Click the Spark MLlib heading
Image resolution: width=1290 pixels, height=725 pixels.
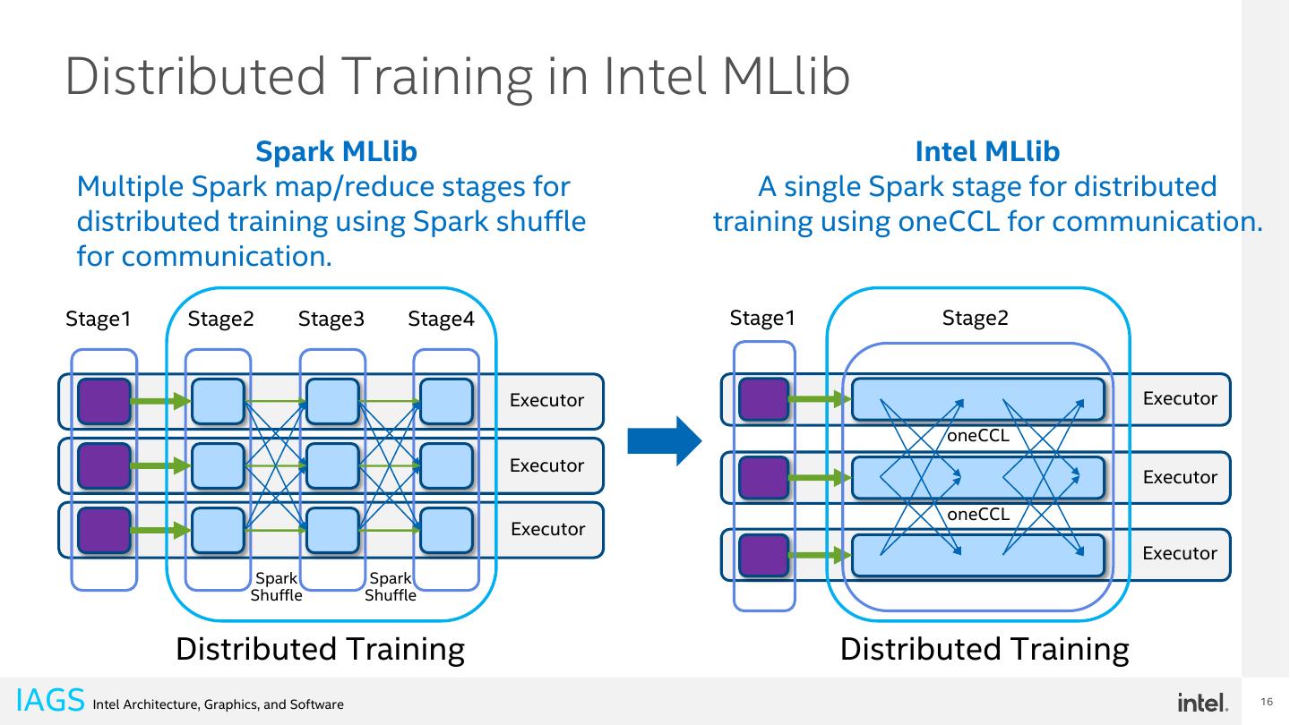click(x=336, y=151)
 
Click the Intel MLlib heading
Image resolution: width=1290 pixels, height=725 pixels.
click(x=987, y=151)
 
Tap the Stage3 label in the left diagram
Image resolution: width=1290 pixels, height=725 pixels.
click(x=331, y=319)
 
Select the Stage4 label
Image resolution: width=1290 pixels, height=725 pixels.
click(x=441, y=319)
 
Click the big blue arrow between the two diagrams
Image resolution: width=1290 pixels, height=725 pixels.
click(x=665, y=440)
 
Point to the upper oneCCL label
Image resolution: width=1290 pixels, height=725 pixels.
click(x=978, y=436)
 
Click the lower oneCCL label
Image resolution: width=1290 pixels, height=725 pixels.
click(x=978, y=514)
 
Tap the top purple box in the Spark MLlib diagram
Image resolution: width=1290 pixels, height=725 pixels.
click(x=104, y=401)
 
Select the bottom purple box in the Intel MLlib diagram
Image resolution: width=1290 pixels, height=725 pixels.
click(x=763, y=555)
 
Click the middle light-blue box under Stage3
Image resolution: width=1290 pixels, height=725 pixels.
click(x=333, y=465)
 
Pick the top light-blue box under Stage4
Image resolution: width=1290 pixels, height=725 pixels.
click(x=446, y=401)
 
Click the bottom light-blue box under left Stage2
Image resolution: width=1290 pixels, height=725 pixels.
click(x=219, y=530)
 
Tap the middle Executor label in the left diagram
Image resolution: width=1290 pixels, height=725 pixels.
click(x=546, y=465)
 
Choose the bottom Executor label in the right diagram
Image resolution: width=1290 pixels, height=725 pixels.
click(x=1180, y=553)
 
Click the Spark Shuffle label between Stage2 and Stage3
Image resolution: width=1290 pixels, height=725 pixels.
click(x=277, y=586)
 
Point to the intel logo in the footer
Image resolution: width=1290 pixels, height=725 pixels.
click(x=1203, y=703)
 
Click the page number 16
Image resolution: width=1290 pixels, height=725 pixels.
click(x=1267, y=702)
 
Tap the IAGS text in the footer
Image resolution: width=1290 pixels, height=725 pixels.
click(x=50, y=700)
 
